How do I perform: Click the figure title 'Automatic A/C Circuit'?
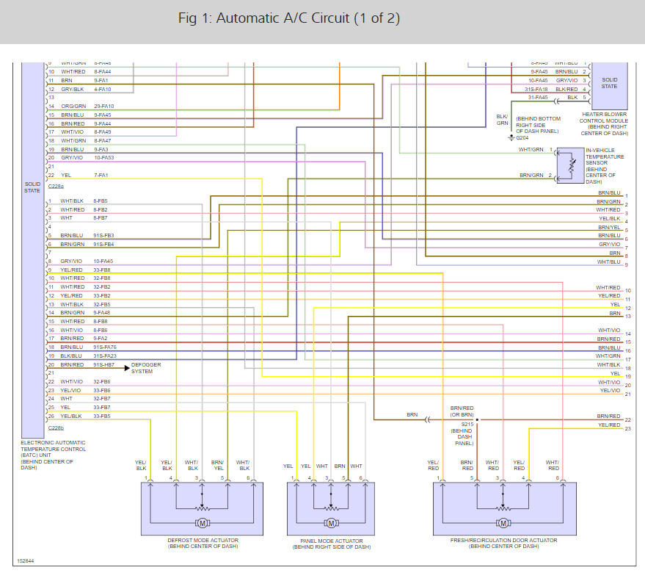pos(289,18)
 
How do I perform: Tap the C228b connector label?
pos(56,428)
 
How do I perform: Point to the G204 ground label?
pos(522,137)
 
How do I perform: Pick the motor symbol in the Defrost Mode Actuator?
pos(200,523)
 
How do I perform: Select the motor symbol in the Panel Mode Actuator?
pos(330,523)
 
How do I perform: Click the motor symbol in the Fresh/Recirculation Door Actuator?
pos(503,523)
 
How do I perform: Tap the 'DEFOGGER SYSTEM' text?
pos(146,368)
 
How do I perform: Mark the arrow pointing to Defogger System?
pos(125,365)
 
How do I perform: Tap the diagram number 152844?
pos(25,562)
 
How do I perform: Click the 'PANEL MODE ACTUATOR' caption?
pos(330,541)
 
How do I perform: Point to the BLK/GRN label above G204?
pos(502,119)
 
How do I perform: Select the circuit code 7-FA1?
pos(101,176)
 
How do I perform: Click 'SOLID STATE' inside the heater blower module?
pos(609,82)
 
